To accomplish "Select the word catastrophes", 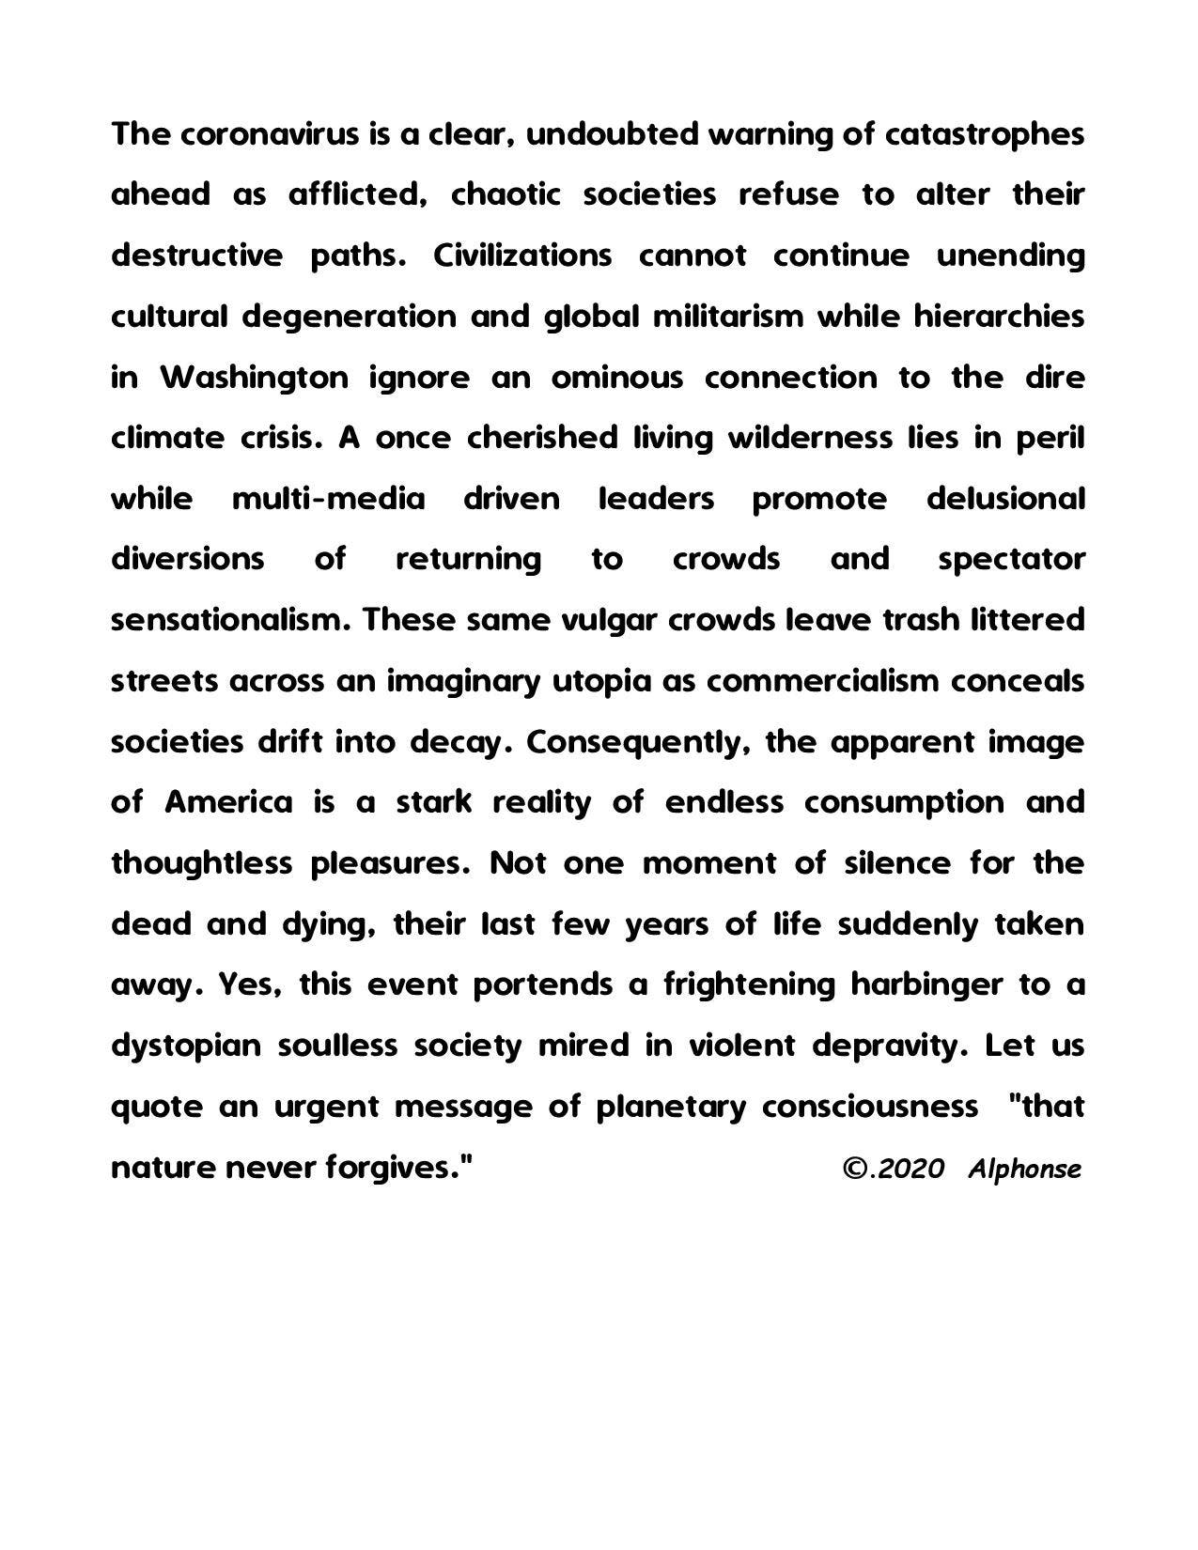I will (985, 134).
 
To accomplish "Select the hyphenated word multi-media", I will (328, 499).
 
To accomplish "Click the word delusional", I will (1005, 499).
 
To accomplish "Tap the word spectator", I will (1011, 560).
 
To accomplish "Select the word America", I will (228, 803).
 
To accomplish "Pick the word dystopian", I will (185, 1046).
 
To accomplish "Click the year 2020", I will (911, 1169).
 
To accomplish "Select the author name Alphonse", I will (1024, 1169).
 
